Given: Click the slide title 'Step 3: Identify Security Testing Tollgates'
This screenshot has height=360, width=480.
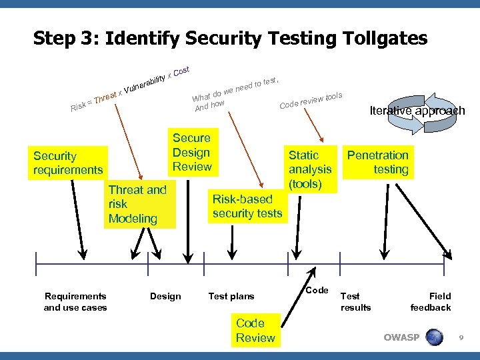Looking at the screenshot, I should tap(230, 39).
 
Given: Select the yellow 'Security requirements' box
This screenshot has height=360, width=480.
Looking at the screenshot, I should tap(68, 163).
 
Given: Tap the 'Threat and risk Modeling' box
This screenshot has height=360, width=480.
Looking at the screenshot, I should tap(138, 204).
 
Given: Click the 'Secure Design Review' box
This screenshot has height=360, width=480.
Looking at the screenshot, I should tap(191, 152).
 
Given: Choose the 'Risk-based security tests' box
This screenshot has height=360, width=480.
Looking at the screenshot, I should tap(247, 206).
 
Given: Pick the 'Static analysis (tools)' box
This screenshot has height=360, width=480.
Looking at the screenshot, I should tap(309, 169).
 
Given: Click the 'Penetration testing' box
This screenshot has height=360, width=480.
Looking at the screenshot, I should tap(377, 163).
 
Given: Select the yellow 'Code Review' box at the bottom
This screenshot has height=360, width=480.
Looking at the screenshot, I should tap(255, 330).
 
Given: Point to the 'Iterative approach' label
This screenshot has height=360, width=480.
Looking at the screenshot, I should tap(417, 111).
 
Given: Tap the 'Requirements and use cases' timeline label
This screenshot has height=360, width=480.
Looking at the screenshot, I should tap(75, 301).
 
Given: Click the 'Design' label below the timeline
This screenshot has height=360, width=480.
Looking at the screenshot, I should tap(165, 296).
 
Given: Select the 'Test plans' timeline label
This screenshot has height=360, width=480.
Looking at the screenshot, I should tap(231, 296).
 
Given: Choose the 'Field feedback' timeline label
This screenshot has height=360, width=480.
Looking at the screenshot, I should tap(431, 301).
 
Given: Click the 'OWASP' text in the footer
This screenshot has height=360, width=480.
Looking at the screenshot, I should tap(401, 337).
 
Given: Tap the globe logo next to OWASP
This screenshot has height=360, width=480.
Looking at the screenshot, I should tap(435, 337).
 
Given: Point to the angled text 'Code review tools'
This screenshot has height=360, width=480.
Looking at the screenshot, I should tap(311, 101).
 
